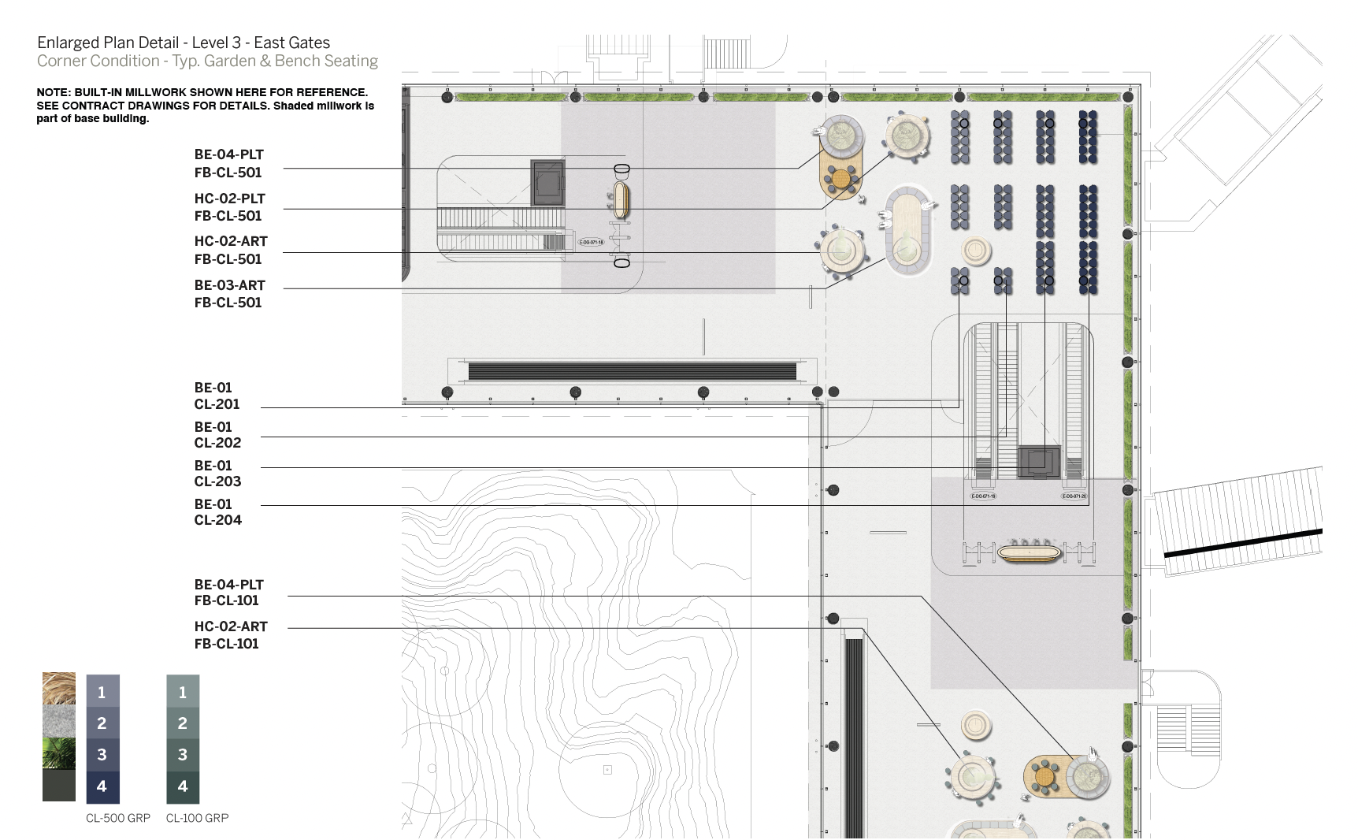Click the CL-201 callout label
click(x=217, y=404)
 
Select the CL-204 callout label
click(x=217, y=520)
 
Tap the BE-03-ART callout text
click(x=229, y=285)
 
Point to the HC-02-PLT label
click(x=229, y=199)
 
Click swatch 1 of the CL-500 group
click(x=102, y=691)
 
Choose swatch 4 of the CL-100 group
click(x=183, y=786)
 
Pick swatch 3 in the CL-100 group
click(x=183, y=755)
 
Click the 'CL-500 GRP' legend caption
click(x=118, y=818)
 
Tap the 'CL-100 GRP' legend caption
click(x=197, y=818)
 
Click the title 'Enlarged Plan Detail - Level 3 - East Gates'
click(x=184, y=43)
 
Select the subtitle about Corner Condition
click(x=207, y=61)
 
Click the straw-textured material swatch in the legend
click(x=59, y=689)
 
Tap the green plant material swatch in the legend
click(x=59, y=753)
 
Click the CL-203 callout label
click(x=217, y=481)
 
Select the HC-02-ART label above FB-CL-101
click(x=231, y=626)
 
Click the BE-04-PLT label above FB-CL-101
click(x=228, y=585)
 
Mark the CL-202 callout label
click(x=217, y=443)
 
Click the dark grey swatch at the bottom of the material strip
click(x=59, y=786)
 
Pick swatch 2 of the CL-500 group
click(x=102, y=723)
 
